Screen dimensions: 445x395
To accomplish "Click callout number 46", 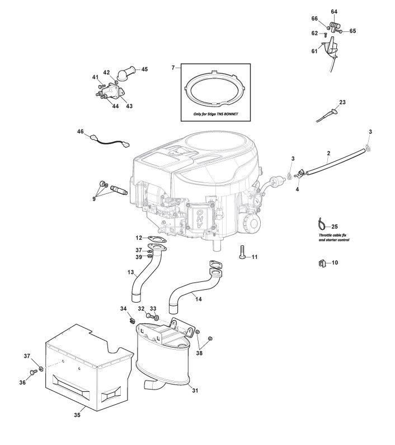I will point(80,132).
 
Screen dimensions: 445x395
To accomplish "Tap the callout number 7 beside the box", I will point(173,67).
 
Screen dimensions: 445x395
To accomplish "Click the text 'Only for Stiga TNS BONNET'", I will point(215,113).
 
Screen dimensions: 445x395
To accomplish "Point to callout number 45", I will point(144,69).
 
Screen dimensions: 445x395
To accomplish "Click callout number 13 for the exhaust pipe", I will point(130,272).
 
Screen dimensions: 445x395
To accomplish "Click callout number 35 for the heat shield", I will point(78,415).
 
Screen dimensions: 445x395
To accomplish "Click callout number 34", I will point(124,309).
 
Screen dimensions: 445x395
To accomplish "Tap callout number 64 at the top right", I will point(334,12).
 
